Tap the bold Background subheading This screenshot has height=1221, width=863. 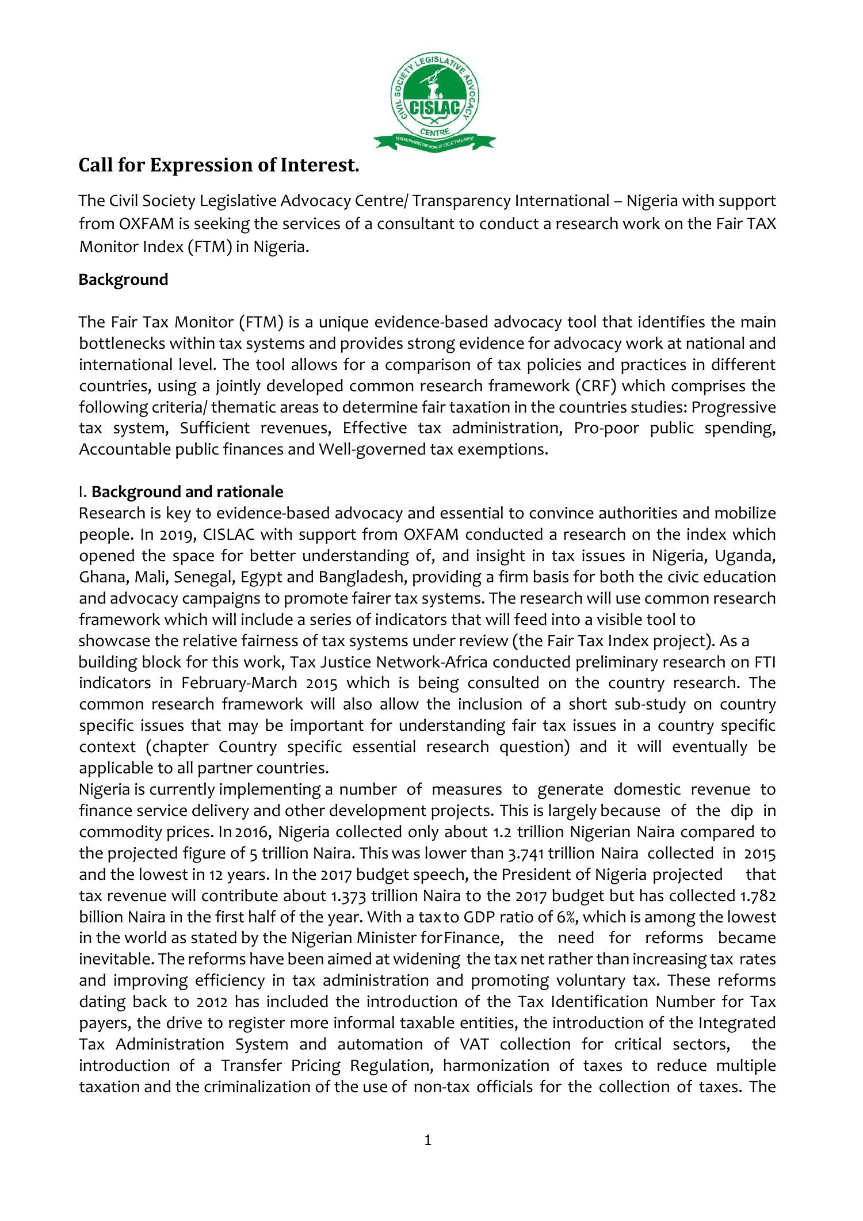click(123, 280)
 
